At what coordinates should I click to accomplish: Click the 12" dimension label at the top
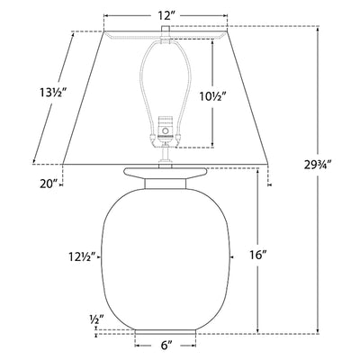click(x=163, y=16)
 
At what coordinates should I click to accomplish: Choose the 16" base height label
click(x=258, y=256)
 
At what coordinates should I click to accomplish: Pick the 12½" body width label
click(x=76, y=255)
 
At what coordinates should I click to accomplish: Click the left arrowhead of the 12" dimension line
click(x=107, y=16)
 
